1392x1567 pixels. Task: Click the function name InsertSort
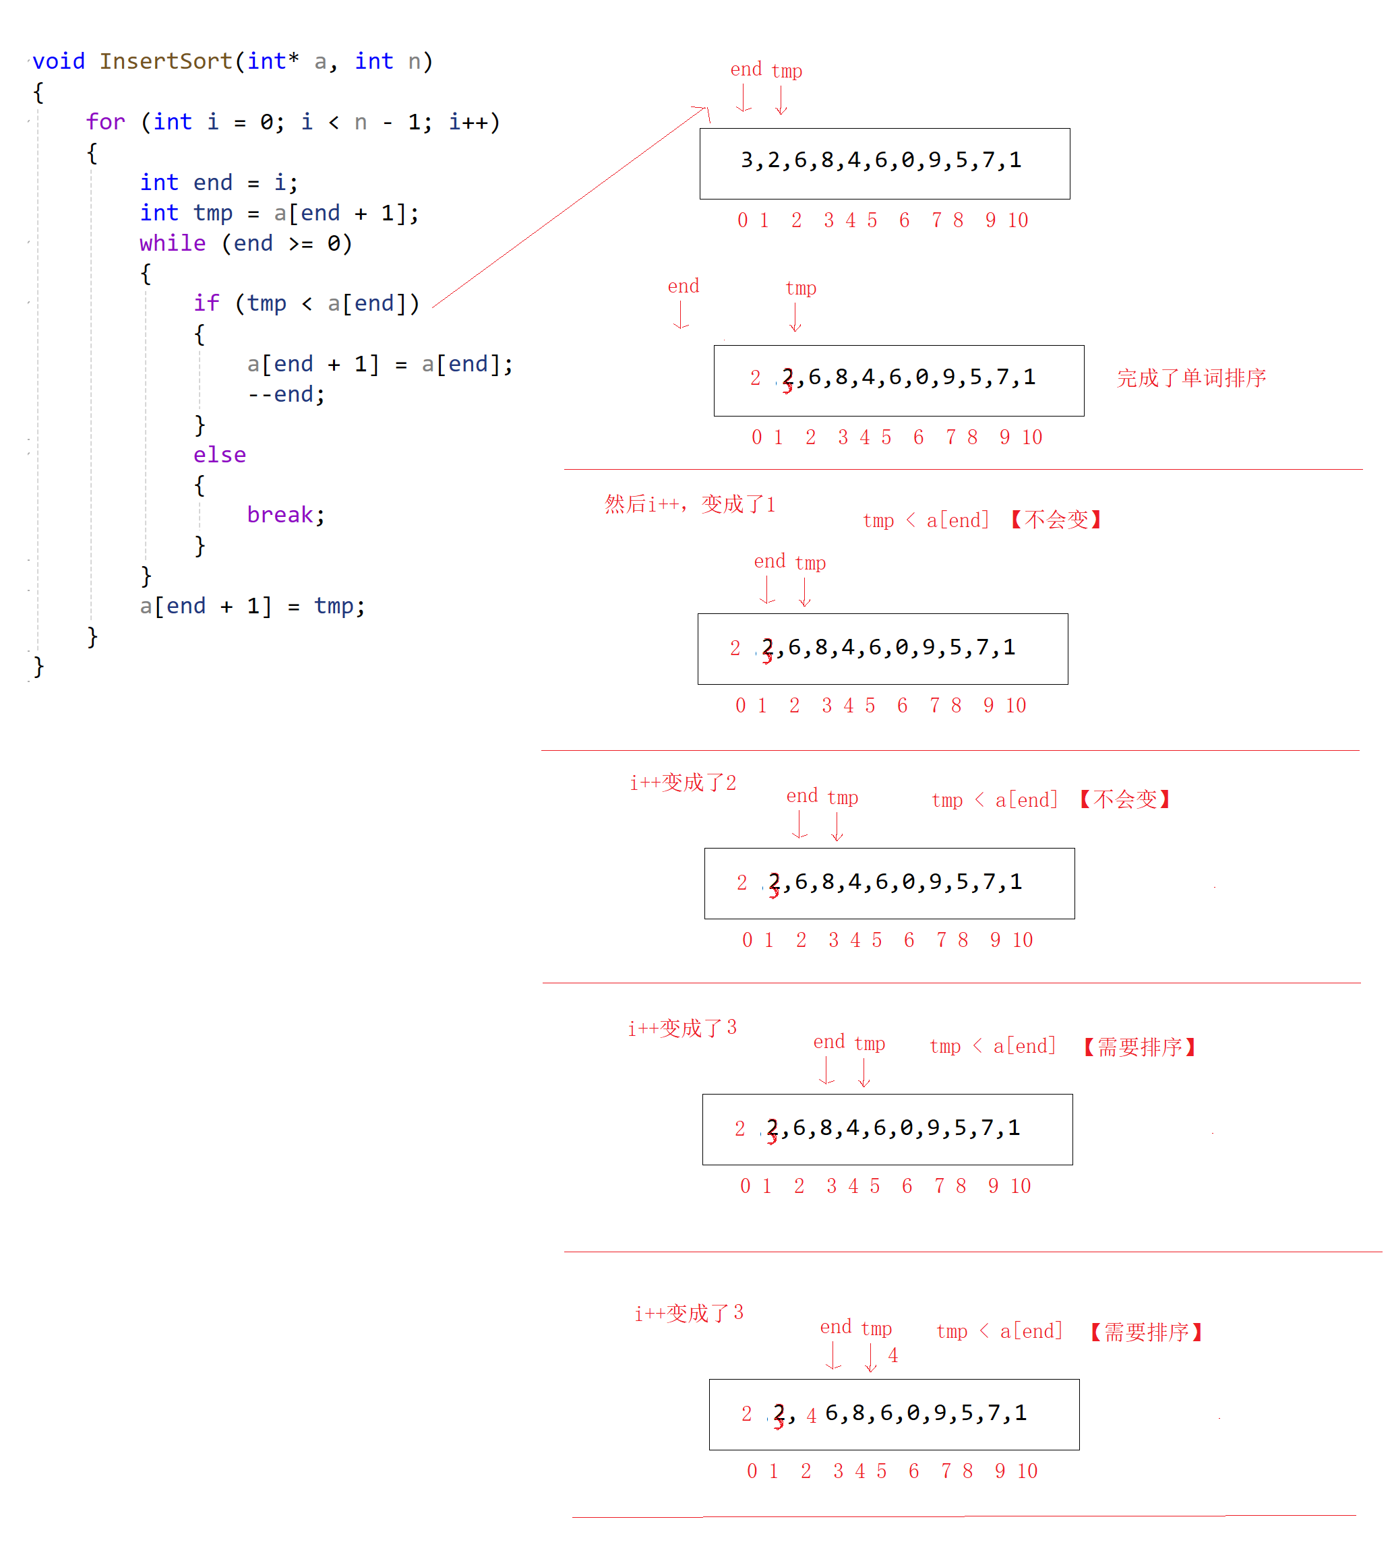(166, 61)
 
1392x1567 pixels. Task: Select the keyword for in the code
(105, 122)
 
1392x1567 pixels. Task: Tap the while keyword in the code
(173, 243)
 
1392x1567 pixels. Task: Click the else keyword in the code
(219, 455)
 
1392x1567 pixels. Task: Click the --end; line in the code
(286, 394)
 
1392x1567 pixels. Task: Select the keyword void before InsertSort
(58, 61)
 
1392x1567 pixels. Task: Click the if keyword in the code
(206, 303)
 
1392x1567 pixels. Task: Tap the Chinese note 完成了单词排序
(1191, 378)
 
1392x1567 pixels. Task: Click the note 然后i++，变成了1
(690, 503)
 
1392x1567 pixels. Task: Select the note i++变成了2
(683, 782)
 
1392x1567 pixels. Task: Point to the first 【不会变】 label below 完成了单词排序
(1056, 520)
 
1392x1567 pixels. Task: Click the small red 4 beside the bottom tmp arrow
(892, 1355)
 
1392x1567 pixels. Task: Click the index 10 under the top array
(1018, 221)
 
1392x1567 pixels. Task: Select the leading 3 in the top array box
(747, 160)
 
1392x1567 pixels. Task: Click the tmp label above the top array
(787, 71)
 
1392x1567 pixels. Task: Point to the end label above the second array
(684, 286)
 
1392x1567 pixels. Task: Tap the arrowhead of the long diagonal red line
(703, 110)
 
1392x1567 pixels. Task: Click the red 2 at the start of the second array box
(756, 378)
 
